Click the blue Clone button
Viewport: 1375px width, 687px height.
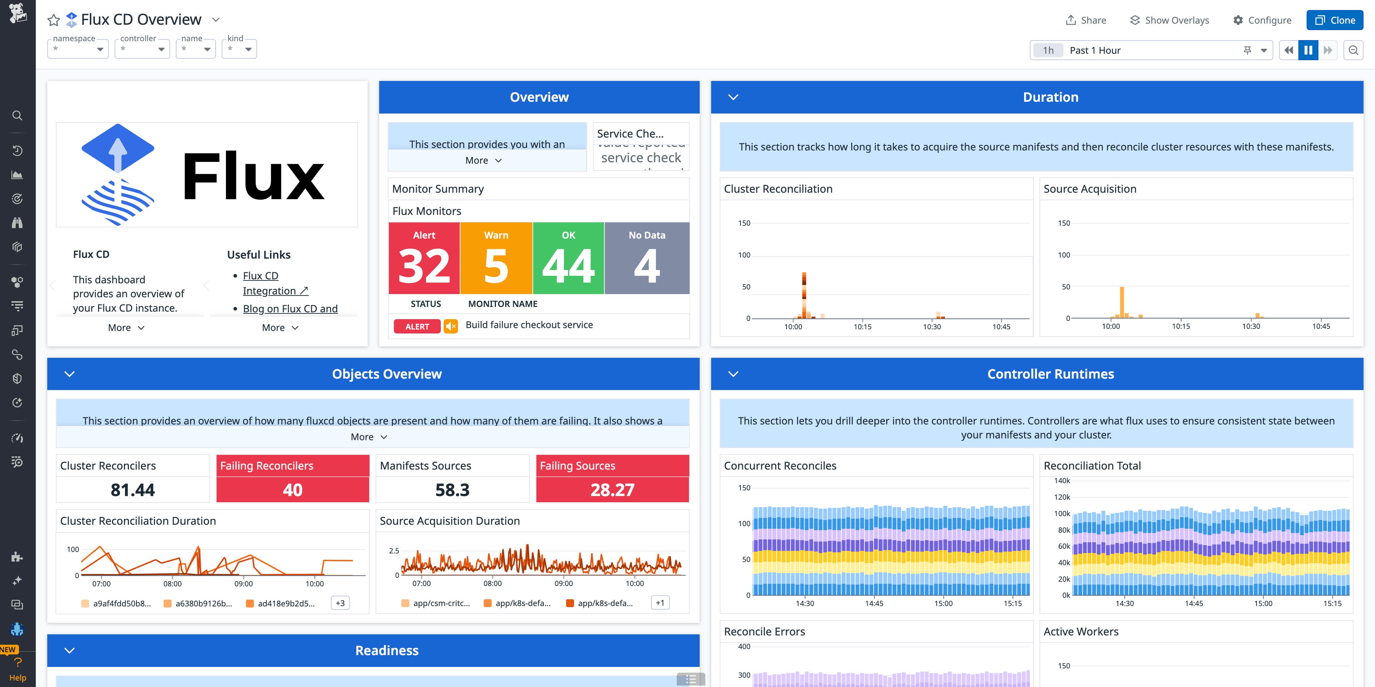[x=1335, y=20]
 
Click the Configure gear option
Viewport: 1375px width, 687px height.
[x=1262, y=20]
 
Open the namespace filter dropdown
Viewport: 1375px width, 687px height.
[x=78, y=49]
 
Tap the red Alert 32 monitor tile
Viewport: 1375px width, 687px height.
[x=424, y=258]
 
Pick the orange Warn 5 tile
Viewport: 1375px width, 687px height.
[x=496, y=258]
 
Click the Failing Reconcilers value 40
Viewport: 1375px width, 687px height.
[x=293, y=490]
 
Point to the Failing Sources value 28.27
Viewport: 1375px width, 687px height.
[x=612, y=490]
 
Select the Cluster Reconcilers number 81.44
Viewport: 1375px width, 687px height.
[x=132, y=490]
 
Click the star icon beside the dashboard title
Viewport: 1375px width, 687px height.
[x=53, y=20]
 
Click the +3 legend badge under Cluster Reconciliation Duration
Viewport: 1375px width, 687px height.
[x=340, y=603]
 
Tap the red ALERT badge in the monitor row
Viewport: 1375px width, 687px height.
[x=417, y=327]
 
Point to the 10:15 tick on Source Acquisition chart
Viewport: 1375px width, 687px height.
[x=1181, y=326]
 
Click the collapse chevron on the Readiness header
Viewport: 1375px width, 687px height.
[x=69, y=650]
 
